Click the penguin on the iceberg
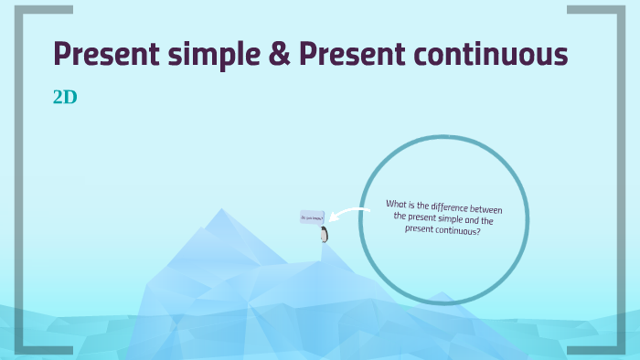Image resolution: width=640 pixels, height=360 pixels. [x=324, y=235]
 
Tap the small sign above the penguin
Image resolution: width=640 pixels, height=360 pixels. [x=311, y=217]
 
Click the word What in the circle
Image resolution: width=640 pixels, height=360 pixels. [x=397, y=204]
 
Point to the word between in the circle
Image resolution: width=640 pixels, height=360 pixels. [x=485, y=210]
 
